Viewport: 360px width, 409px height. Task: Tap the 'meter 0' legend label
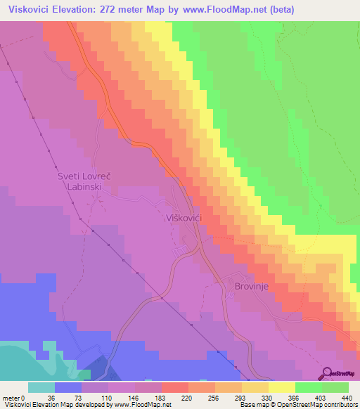14,397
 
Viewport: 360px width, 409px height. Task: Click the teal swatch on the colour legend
41,387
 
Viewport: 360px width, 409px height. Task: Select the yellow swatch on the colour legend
281,387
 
